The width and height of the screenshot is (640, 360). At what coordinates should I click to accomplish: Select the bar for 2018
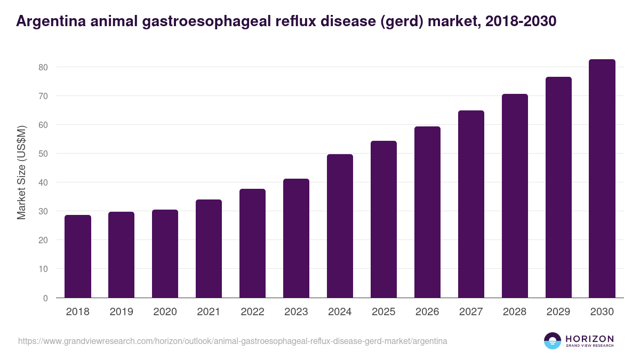(78, 257)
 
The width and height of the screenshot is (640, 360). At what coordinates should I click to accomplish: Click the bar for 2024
(340, 226)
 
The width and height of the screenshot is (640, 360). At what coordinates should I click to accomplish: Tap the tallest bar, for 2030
(602, 179)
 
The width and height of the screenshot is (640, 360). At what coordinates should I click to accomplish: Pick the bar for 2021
(209, 249)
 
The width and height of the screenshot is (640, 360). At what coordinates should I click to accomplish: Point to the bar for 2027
(471, 204)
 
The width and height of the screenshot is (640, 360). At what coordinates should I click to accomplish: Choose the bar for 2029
(558, 187)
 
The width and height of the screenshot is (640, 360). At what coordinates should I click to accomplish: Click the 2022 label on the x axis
(252, 312)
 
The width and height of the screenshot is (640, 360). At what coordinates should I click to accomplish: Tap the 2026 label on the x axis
(427, 312)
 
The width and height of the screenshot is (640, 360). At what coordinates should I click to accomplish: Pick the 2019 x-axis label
(121, 312)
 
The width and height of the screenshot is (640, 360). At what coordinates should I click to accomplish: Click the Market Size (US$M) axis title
(22, 172)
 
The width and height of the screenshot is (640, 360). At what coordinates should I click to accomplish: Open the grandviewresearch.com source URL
(233, 341)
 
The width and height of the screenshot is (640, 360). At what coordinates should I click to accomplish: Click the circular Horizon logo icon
(553, 341)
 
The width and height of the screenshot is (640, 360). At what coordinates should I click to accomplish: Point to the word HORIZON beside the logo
(589, 338)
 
